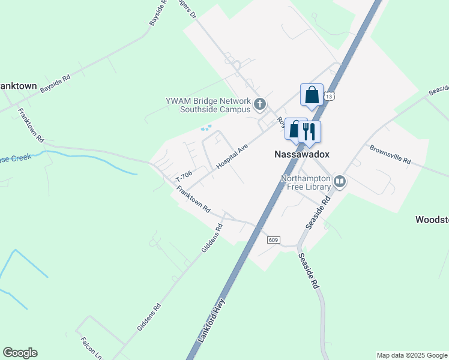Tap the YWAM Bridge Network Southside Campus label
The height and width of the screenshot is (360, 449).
tap(207, 105)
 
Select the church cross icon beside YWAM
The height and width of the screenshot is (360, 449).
tap(260, 105)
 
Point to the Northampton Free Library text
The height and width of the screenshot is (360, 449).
tap(306, 183)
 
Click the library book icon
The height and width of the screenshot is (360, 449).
tap(340, 181)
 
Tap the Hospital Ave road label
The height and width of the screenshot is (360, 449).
tap(232, 156)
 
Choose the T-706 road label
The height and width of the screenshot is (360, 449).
tap(184, 176)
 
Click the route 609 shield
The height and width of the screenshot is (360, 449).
tap(274, 240)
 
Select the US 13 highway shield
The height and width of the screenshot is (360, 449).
tap(329, 96)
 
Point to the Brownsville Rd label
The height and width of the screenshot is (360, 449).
tap(390, 154)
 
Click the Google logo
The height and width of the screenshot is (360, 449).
tap(20, 353)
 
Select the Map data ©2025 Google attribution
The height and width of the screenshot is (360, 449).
tap(412, 355)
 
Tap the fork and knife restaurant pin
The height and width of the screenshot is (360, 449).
tap(310, 131)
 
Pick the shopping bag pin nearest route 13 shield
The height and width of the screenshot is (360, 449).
tap(312, 95)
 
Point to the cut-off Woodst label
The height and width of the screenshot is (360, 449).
tap(432, 220)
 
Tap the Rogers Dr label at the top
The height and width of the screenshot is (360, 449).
tap(187, 8)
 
